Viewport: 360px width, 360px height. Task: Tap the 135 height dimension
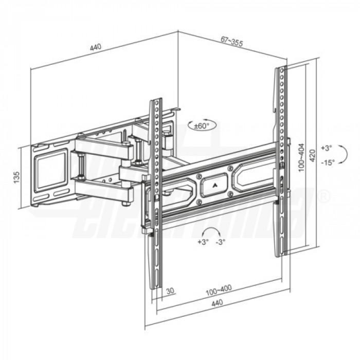point(16,177)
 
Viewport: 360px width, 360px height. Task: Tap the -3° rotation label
point(220,242)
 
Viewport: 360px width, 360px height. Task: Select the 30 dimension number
point(171,291)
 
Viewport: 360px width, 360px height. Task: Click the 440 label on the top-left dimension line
point(95,47)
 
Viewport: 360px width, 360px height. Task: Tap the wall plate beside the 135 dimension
point(51,175)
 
